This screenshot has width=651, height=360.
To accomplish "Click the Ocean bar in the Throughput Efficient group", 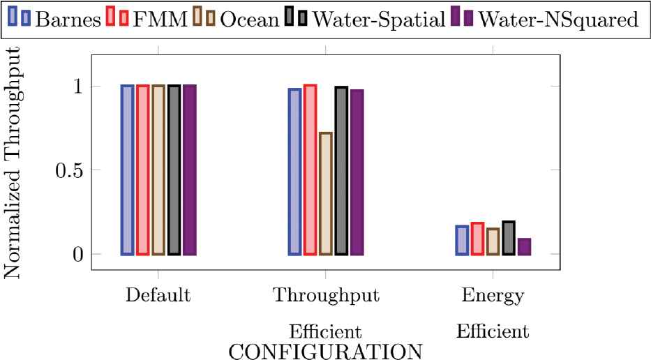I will [x=326, y=193].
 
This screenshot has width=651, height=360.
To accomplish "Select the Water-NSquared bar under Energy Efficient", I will [x=524, y=247].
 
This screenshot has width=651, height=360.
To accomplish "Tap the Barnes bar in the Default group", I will [x=127, y=170].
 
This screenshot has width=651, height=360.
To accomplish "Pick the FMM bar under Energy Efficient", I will [x=477, y=239].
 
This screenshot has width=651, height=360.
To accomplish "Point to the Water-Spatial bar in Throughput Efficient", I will [x=341, y=170].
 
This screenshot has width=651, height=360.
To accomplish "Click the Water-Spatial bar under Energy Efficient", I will [x=509, y=238].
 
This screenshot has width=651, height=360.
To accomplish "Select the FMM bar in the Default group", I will [x=142, y=170].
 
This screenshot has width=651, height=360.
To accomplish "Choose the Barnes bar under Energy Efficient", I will [x=462, y=240].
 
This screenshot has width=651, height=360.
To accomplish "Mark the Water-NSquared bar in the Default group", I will [x=189, y=170].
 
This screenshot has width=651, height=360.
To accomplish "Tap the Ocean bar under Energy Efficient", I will [x=493, y=241].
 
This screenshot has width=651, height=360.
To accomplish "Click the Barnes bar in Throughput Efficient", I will [x=294, y=172].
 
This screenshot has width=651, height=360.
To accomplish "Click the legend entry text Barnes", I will [x=66, y=19].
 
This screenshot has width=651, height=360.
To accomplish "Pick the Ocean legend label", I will [x=249, y=19].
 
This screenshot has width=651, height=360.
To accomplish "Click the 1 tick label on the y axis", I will [x=78, y=86].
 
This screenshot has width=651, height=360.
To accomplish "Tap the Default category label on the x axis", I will [x=158, y=295].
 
